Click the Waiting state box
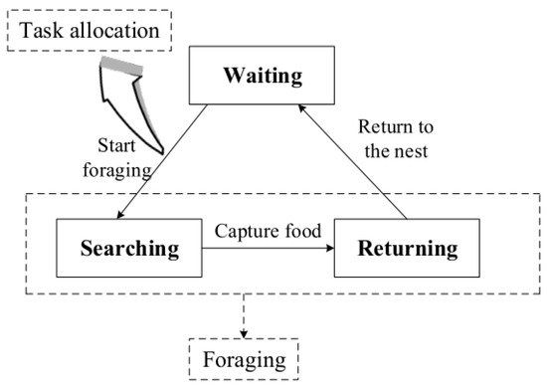click(261, 77)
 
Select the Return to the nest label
click(397, 139)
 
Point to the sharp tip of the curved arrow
click(159, 148)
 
